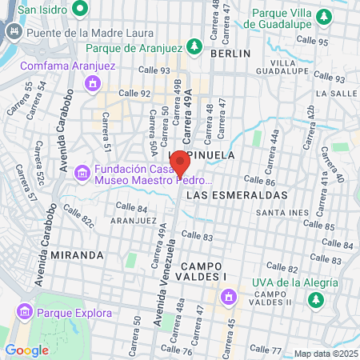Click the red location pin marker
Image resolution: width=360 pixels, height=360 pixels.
pos(179,162)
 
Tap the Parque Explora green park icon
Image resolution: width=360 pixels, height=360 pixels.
pos(22,312)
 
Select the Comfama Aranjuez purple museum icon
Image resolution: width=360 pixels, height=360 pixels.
pos(94,82)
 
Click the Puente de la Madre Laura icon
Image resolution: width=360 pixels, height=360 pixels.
pos(14,33)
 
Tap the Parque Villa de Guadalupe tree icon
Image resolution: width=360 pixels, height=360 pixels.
pos(323,17)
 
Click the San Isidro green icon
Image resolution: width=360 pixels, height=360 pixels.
pos(80,10)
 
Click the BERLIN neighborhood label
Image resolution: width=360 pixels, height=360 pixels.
pos(230,53)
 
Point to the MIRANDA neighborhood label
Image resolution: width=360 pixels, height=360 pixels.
pos(77,254)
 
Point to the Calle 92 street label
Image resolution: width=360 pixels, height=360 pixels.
pos(134,93)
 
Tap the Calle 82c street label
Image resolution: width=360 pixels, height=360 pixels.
pos(78,214)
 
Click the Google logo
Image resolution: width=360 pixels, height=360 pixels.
pos(26,350)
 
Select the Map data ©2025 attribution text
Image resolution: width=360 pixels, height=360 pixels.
pos(325,354)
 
